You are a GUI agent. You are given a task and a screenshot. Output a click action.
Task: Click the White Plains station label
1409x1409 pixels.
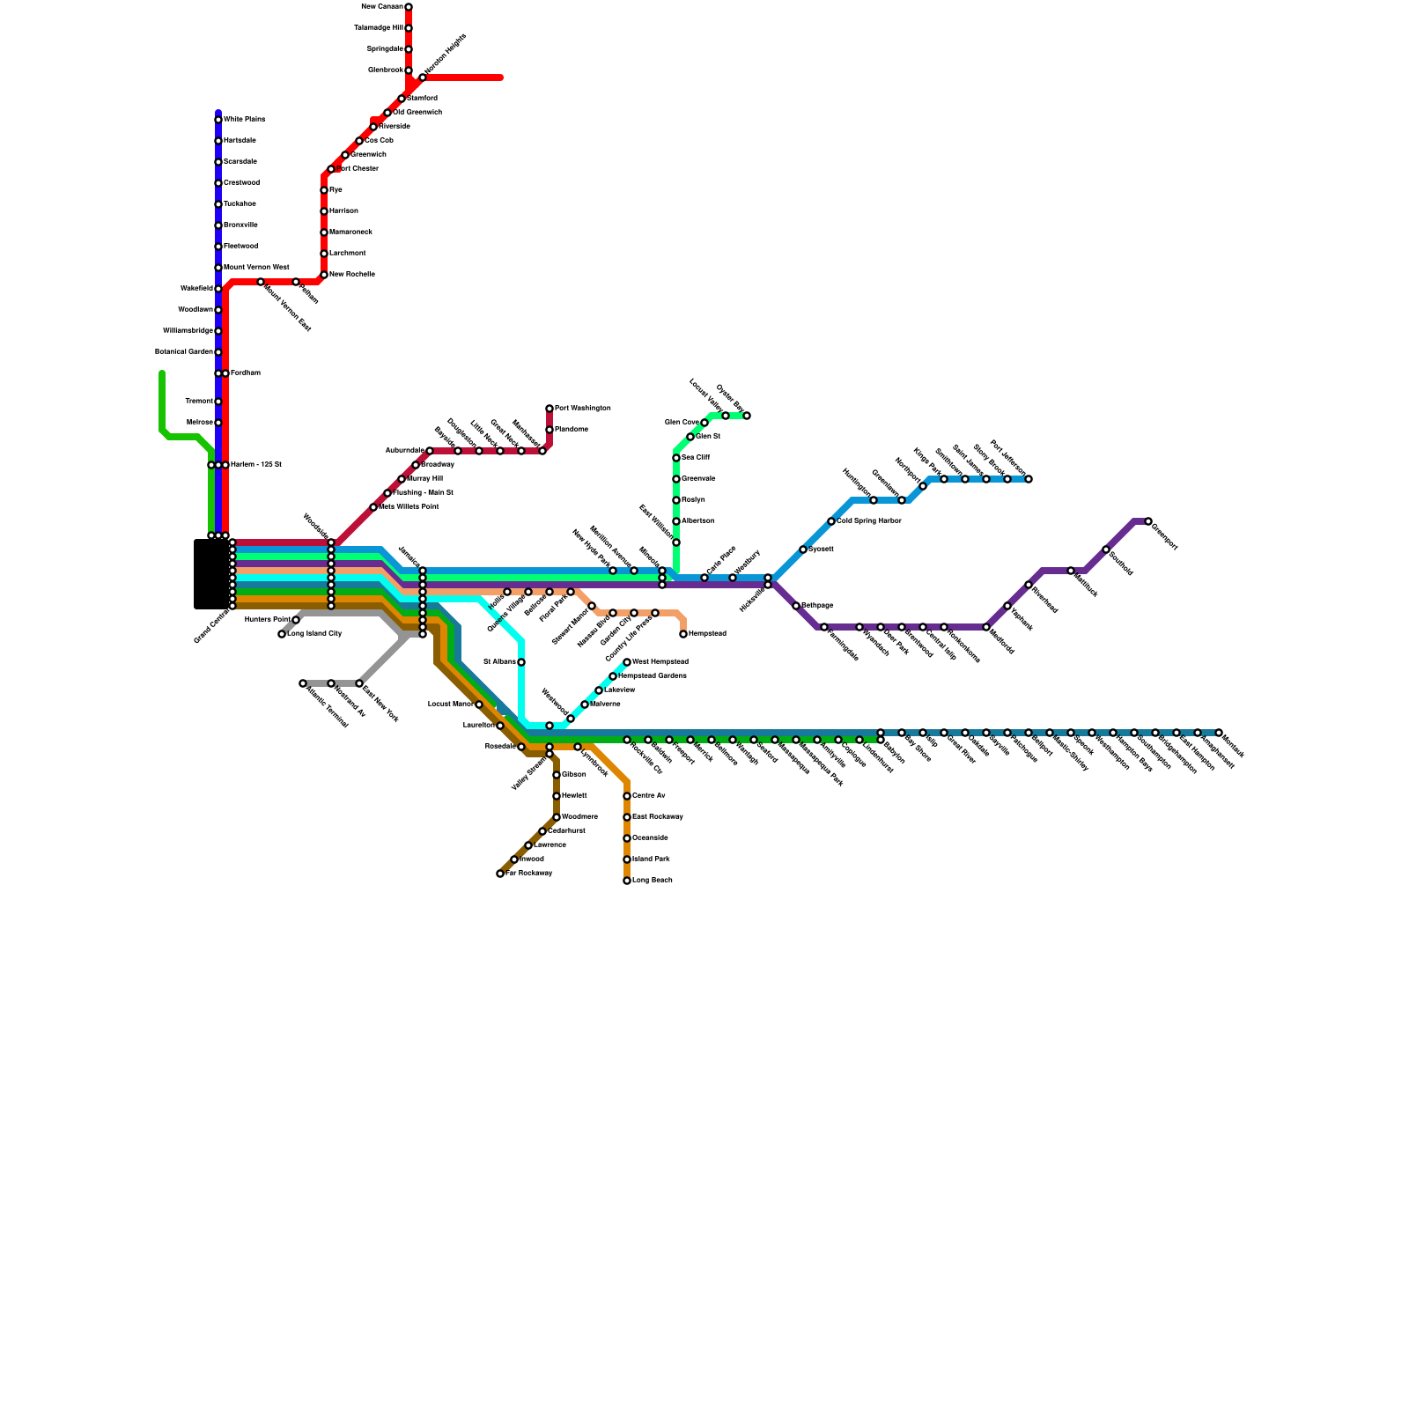(x=244, y=119)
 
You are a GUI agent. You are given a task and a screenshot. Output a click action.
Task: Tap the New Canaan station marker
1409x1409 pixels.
(x=409, y=7)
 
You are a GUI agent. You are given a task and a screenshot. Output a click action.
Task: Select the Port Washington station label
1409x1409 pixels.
(x=583, y=409)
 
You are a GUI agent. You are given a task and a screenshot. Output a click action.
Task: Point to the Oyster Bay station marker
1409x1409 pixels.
(x=747, y=416)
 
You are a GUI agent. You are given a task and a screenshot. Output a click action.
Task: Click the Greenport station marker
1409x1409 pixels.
(x=1148, y=522)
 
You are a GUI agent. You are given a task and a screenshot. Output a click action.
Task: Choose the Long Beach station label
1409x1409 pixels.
(x=653, y=881)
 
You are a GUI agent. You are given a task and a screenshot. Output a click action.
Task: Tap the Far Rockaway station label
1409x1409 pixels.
(x=529, y=874)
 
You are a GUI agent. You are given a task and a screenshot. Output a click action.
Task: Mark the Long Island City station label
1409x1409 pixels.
(x=314, y=634)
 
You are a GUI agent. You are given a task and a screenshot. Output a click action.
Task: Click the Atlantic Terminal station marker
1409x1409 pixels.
(x=303, y=683)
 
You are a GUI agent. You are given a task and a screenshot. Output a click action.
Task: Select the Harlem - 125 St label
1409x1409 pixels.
(x=256, y=465)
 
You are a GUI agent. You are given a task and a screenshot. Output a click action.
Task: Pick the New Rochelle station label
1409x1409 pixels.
(x=352, y=275)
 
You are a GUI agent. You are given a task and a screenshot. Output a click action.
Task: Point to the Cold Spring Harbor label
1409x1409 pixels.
(x=869, y=521)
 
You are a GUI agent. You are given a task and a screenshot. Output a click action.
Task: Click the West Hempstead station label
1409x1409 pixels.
(x=660, y=661)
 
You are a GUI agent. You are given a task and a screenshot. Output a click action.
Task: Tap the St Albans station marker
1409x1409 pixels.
(x=521, y=662)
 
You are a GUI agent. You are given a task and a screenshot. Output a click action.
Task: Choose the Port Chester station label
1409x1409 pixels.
(x=358, y=169)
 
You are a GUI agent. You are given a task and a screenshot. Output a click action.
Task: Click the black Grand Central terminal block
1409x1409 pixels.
(x=211, y=574)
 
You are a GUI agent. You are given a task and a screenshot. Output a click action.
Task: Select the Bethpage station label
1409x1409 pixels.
(x=817, y=606)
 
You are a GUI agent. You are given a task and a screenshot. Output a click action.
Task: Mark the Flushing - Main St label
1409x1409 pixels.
(x=424, y=493)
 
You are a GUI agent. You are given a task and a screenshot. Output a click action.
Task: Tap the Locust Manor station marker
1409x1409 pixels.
(x=479, y=704)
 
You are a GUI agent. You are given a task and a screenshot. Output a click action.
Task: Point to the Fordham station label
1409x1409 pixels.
(x=246, y=373)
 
